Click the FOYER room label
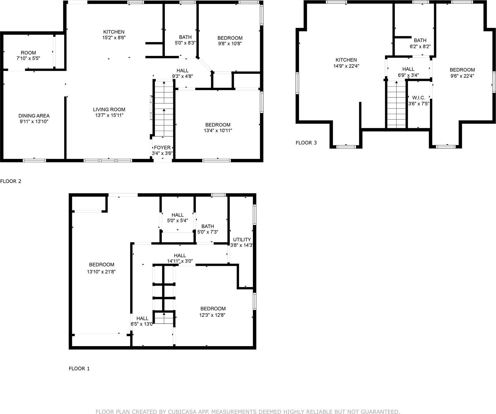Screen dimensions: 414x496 162,148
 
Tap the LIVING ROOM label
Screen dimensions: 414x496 109,109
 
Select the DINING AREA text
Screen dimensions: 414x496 34,116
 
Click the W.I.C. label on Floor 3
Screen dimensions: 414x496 418,98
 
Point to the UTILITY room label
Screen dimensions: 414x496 242,240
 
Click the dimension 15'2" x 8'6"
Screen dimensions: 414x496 114,38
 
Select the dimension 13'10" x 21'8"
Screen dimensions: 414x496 101,272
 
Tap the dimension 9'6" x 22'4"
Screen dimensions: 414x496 462,76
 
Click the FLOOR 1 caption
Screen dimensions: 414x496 79,369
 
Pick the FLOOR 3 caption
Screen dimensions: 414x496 306,143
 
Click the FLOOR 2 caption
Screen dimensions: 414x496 11,181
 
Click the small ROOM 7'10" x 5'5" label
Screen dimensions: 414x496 28,55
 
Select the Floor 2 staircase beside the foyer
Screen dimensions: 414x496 164,108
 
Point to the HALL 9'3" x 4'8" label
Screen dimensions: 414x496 182,73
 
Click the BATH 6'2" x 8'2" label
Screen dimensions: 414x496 420,43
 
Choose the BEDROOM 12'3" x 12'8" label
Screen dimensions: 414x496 213,312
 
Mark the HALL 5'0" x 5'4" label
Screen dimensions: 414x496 177,218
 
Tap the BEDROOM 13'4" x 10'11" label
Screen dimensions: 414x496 218,128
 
